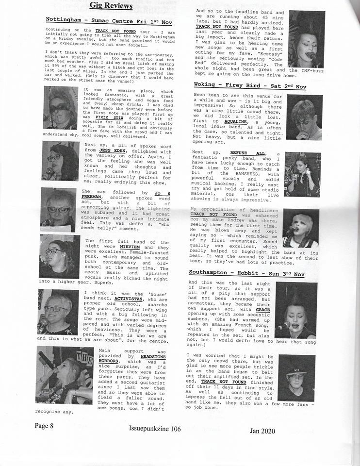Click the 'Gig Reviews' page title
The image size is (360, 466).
click(111, 6)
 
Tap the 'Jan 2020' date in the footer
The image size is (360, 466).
click(262, 431)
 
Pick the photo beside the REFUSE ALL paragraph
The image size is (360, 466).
click(302, 174)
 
